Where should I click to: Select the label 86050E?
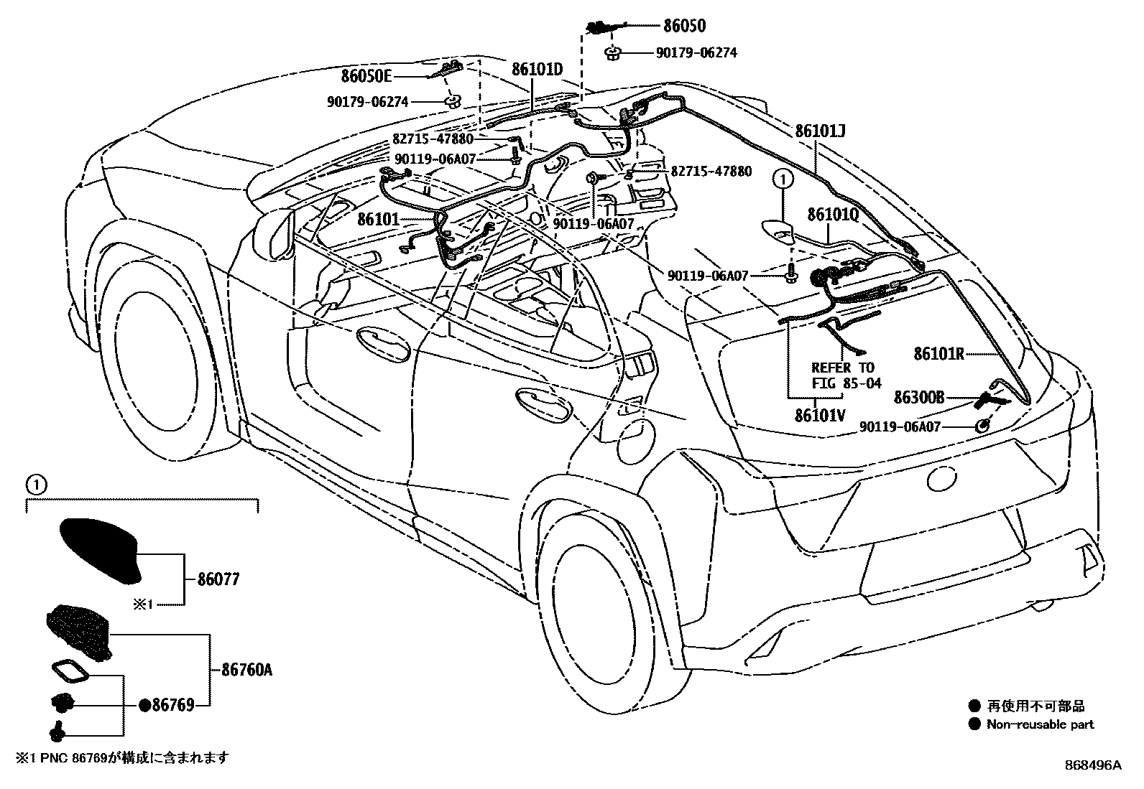[x=366, y=75]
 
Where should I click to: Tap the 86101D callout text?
[x=537, y=70]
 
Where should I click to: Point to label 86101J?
[x=820, y=131]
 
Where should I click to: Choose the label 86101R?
[x=938, y=353]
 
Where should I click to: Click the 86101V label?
[x=820, y=416]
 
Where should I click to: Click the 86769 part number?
[x=173, y=706]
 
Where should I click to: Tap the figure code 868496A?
[x=1092, y=765]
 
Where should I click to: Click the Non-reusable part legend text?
[x=1040, y=724]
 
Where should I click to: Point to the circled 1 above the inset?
[x=35, y=486]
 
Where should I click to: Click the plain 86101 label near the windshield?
[x=378, y=219]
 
